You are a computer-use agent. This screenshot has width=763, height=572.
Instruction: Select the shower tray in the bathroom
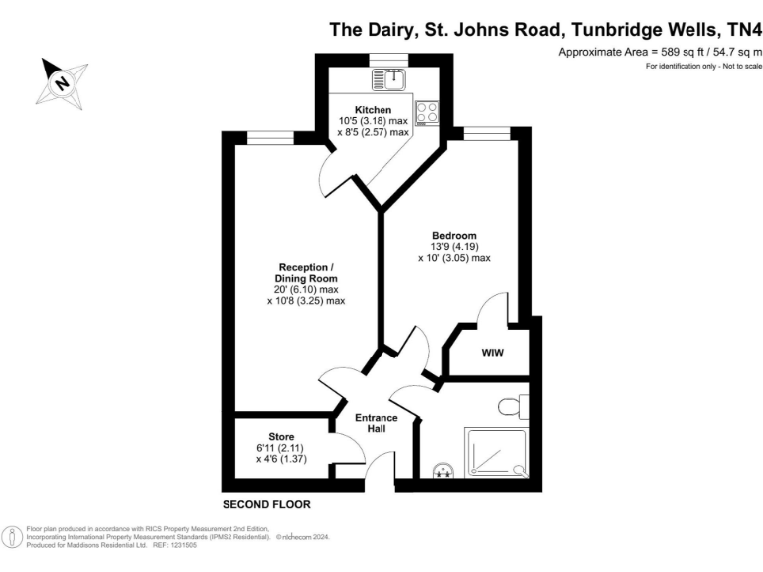point(498,454)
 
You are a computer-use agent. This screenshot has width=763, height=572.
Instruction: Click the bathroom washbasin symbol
point(442,472)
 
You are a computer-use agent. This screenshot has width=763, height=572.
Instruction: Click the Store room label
point(282,436)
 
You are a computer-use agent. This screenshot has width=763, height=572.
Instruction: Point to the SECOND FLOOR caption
point(266,505)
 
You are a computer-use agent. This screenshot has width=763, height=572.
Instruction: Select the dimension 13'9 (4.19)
point(454,246)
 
